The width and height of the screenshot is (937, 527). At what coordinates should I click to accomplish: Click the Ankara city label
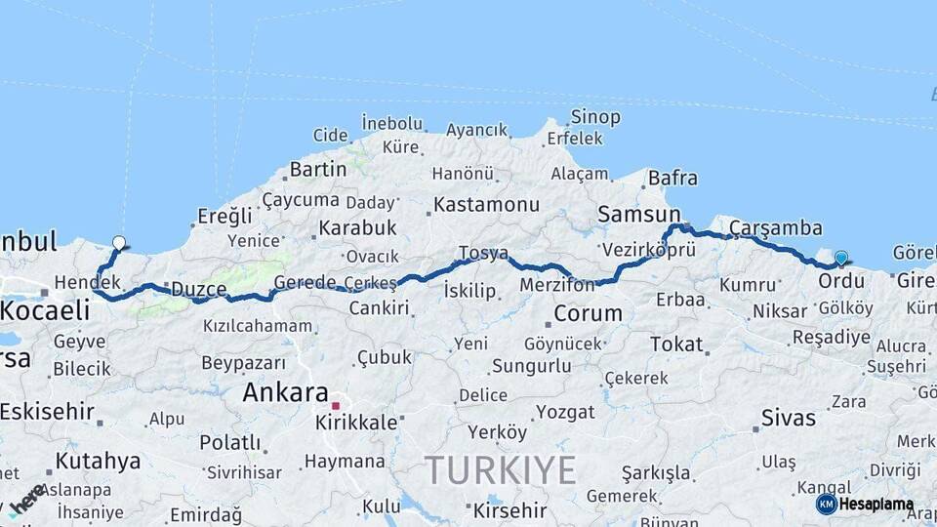[x=285, y=392]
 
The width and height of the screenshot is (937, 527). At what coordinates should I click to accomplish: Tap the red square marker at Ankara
[x=335, y=405]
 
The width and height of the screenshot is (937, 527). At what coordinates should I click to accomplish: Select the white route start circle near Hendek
[x=119, y=243]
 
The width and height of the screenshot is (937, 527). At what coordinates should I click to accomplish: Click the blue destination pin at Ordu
[x=840, y=259]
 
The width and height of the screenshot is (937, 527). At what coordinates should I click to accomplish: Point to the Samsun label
[x=639, y=214]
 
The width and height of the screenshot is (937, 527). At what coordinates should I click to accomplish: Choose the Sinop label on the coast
[x=595, y=117]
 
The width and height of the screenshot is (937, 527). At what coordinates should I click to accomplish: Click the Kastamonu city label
[x=486, y=205]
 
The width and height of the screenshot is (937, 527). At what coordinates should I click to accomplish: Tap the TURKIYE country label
[x=500, y=470]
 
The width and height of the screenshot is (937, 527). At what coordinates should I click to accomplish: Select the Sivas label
[x=788, y=418]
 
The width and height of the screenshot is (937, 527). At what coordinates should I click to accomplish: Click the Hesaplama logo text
[x=876, y=505]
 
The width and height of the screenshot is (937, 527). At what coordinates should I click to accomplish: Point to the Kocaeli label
[x=45, y=310]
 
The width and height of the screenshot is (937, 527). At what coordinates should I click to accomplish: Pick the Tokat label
[x=676, y=344]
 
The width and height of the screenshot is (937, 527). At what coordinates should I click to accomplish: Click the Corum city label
[x=588, y=313]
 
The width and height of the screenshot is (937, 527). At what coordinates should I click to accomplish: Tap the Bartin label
[x=318, y=169]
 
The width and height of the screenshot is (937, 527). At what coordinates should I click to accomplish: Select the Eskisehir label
[x=47, y=411]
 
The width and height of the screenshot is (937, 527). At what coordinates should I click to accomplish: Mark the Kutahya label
[x=98, y=461]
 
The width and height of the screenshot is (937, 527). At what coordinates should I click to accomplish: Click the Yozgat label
[x=565, y=412]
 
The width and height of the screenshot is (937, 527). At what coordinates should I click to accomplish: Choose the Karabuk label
[x=356, y=227]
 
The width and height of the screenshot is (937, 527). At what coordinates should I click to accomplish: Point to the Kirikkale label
[x=356, y=423]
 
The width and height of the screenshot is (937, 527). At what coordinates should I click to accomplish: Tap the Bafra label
[x=673, y=178]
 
